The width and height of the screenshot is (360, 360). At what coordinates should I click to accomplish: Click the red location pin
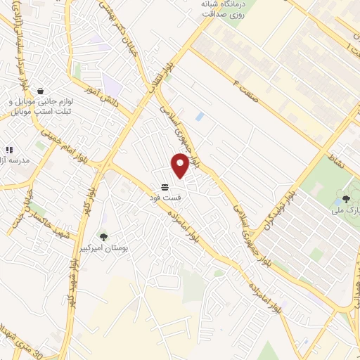pos(180,165)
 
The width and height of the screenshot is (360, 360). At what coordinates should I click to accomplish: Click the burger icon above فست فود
pos(165,186)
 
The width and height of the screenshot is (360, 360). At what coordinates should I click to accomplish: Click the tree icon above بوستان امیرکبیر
pos(104,236)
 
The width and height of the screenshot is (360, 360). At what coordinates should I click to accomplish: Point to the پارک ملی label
pos(347,210)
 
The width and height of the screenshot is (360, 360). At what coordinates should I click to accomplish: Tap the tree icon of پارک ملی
pos(346,199)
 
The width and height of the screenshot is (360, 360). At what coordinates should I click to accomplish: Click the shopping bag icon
pos(41,91)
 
